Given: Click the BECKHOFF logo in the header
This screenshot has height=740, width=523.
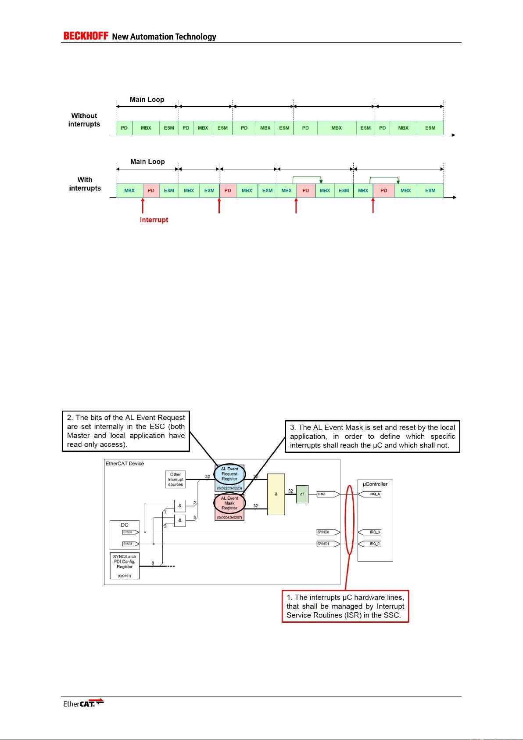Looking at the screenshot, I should (86, 36).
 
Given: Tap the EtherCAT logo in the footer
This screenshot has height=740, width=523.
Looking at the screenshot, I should (83, 703).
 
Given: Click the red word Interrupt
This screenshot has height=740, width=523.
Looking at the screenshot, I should (154, 220).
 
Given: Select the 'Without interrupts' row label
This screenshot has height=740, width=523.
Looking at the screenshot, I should (84, 120).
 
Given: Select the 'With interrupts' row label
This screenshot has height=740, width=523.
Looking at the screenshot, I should (85, 184).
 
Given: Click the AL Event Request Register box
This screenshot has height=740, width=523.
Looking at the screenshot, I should (229, 474).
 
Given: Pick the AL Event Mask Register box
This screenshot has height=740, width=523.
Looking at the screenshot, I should (229, 503).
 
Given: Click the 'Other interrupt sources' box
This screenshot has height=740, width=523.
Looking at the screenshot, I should (176, 480).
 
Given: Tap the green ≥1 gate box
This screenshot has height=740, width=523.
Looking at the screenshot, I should (302, 494).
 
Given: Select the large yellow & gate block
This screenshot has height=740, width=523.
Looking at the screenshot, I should (276, 494).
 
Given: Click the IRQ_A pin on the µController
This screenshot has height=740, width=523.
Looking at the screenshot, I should (374, 494).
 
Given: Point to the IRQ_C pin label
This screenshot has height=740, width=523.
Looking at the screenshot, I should (374, 544).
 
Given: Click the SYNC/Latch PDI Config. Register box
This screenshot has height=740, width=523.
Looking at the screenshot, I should (125, 566).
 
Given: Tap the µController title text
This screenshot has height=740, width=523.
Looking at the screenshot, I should (375, 484).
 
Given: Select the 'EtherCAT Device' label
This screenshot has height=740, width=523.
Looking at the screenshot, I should (125, 463).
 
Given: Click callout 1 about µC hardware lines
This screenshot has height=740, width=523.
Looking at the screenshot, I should (345, 606).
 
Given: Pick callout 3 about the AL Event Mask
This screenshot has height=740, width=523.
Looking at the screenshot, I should (373, 436).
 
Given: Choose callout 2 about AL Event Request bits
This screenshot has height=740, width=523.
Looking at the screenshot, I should (126, 430).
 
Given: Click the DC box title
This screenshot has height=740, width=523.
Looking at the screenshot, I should (125, 525).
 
